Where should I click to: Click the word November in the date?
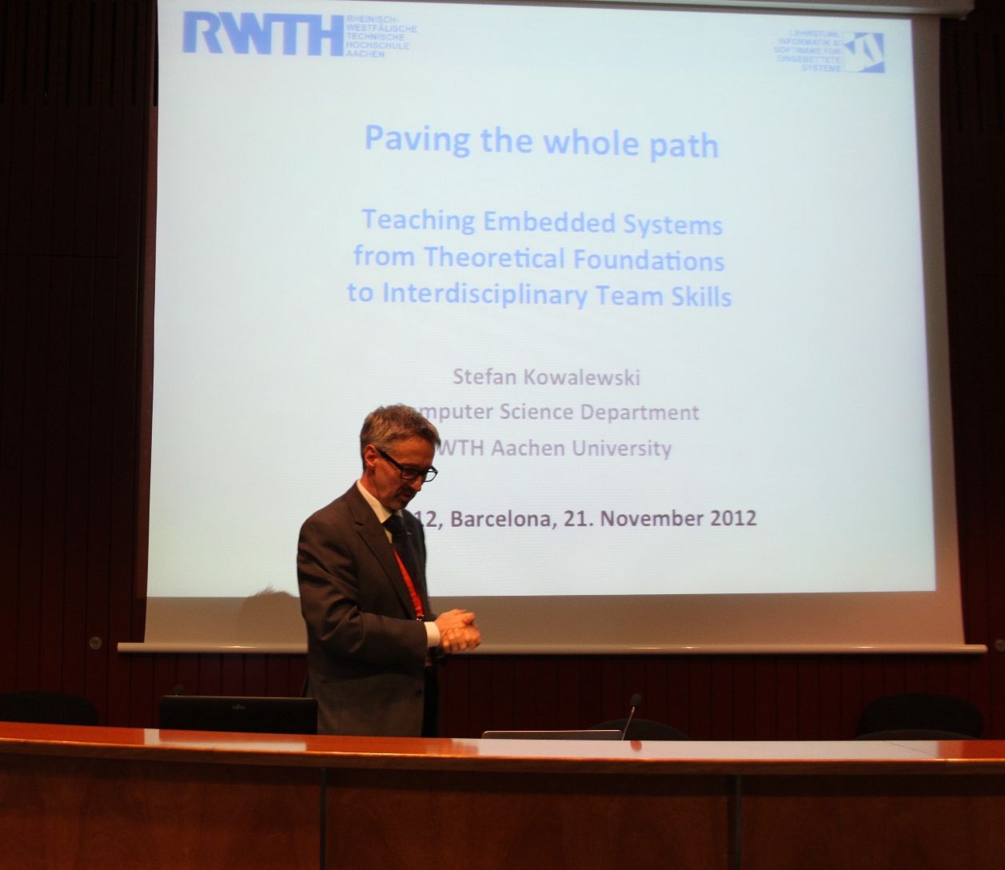click(x=650, y=518)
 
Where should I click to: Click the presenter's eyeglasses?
click(x=410, y=469)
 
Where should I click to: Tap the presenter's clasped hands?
click(x=458, y=630)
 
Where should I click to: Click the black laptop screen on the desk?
click(x=237, y=714)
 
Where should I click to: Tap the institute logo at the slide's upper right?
click(x=863, y=53)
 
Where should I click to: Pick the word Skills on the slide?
click(x=704, y=297)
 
